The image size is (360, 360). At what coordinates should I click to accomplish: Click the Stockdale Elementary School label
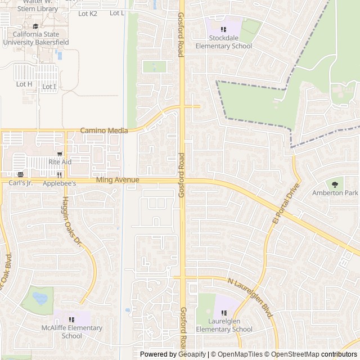point(223,42)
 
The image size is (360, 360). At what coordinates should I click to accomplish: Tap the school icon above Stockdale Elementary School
point(223,29)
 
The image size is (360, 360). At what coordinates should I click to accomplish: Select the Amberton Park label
point(335,193)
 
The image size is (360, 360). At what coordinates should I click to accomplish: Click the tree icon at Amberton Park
point(335,183)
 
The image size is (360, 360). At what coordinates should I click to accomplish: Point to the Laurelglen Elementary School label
point(224,326)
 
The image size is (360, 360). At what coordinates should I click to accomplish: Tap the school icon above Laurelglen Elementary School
point(224,313)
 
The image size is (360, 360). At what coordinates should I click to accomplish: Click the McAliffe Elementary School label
point(72,332)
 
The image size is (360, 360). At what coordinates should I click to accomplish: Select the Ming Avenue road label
point(118,180)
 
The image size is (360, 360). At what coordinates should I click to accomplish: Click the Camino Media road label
point(104,130)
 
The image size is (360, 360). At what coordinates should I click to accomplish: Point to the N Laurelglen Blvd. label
point(250,298)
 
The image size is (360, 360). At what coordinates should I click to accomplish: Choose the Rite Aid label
point(60,162)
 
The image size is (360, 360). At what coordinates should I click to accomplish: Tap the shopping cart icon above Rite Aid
point(60,154)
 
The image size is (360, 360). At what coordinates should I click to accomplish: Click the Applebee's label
point(60,183)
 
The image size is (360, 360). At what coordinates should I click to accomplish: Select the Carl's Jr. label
point(21,183)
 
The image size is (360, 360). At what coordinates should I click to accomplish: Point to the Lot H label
point(24,84)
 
